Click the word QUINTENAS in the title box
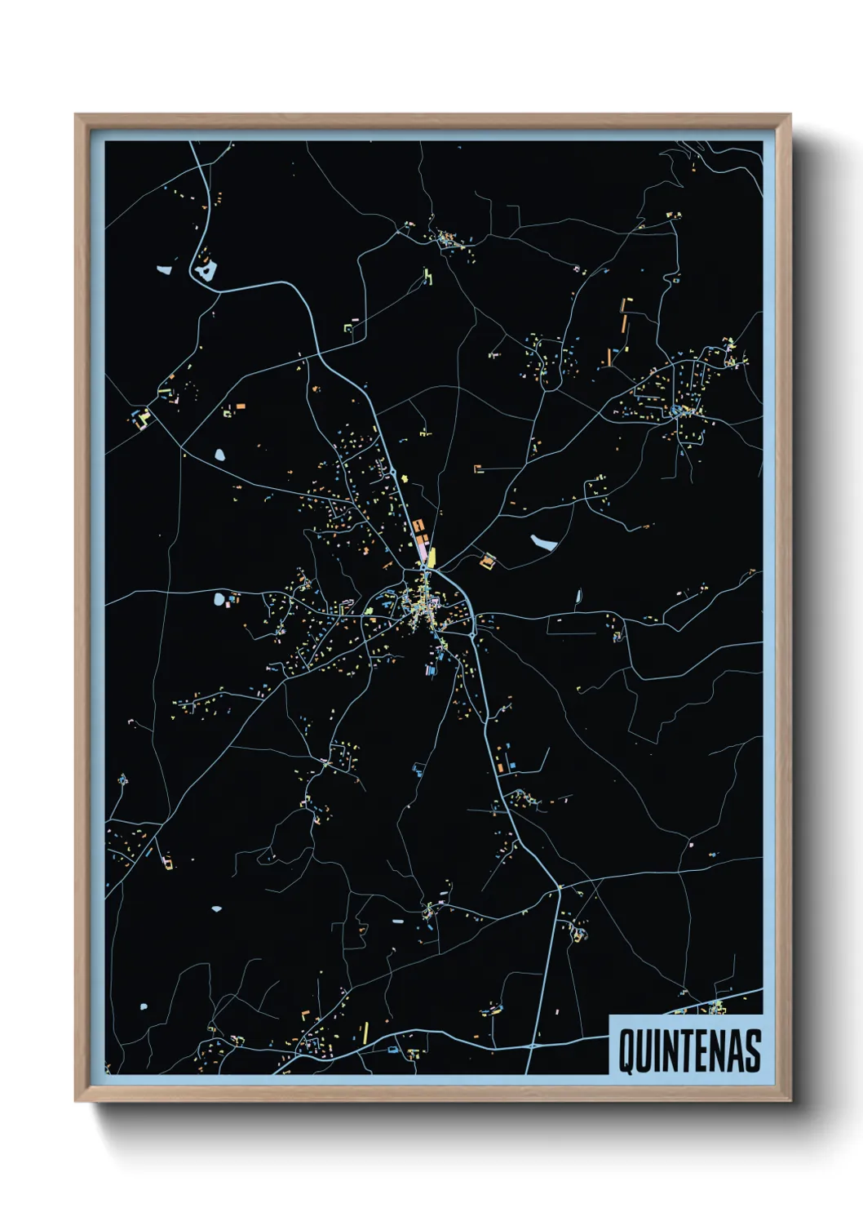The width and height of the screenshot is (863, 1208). (689, 1050)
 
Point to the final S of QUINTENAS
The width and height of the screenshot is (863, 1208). (752, 1050)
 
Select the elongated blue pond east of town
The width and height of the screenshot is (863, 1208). (543, 541)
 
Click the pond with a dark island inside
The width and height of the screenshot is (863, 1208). (205, 269)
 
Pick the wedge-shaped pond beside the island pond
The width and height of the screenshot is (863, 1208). (164, 269)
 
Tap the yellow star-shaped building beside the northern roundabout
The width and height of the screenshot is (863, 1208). (405, 478)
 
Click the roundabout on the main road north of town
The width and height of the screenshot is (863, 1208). (393, 473)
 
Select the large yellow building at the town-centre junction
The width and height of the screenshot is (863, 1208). (431, 557)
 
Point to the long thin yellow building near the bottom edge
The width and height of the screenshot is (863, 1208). (365, 1033)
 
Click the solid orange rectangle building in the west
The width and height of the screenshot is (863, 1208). (241, 406)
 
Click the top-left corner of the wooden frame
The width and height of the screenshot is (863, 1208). (76, 115)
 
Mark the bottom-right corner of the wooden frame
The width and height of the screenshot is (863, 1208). (790, 1101)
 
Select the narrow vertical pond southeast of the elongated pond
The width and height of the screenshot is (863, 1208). (578, 597)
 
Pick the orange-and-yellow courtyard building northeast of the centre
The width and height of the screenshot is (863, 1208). (488, 561)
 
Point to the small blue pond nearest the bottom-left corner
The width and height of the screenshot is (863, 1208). (144, 1007)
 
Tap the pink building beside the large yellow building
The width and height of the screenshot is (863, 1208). (422, 552)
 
